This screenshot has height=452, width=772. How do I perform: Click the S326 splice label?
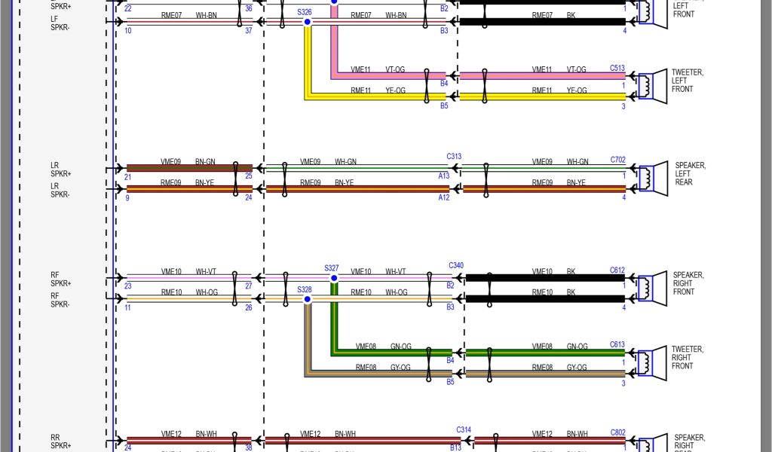pos(305,12)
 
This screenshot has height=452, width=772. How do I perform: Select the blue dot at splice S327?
pos(333,278)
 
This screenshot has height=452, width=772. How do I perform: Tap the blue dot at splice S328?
pos(308,300)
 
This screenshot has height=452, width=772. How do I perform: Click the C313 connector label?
pos(454,157)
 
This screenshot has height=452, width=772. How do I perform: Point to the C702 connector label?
pos(617,160)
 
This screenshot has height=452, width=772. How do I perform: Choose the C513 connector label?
pos(617,69)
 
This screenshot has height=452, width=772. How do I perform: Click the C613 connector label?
pos(617,345)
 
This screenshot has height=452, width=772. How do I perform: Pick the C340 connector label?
pos(455,266)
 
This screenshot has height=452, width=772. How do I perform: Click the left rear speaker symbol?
pos(650,177)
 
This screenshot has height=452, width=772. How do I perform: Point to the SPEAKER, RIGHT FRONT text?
pos(688,283)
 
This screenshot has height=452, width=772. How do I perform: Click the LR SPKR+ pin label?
pos(60,169)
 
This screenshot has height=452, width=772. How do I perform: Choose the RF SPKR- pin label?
pos(60,300)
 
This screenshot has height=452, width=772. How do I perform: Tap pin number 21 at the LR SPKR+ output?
pos(127,177)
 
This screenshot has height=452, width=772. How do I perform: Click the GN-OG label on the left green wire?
pos(400,347)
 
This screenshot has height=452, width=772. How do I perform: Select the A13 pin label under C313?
pos(443,176)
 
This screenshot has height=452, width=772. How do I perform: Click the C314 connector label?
pos(464,430)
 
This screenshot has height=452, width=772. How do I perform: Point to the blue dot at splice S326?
pos(308,23)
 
